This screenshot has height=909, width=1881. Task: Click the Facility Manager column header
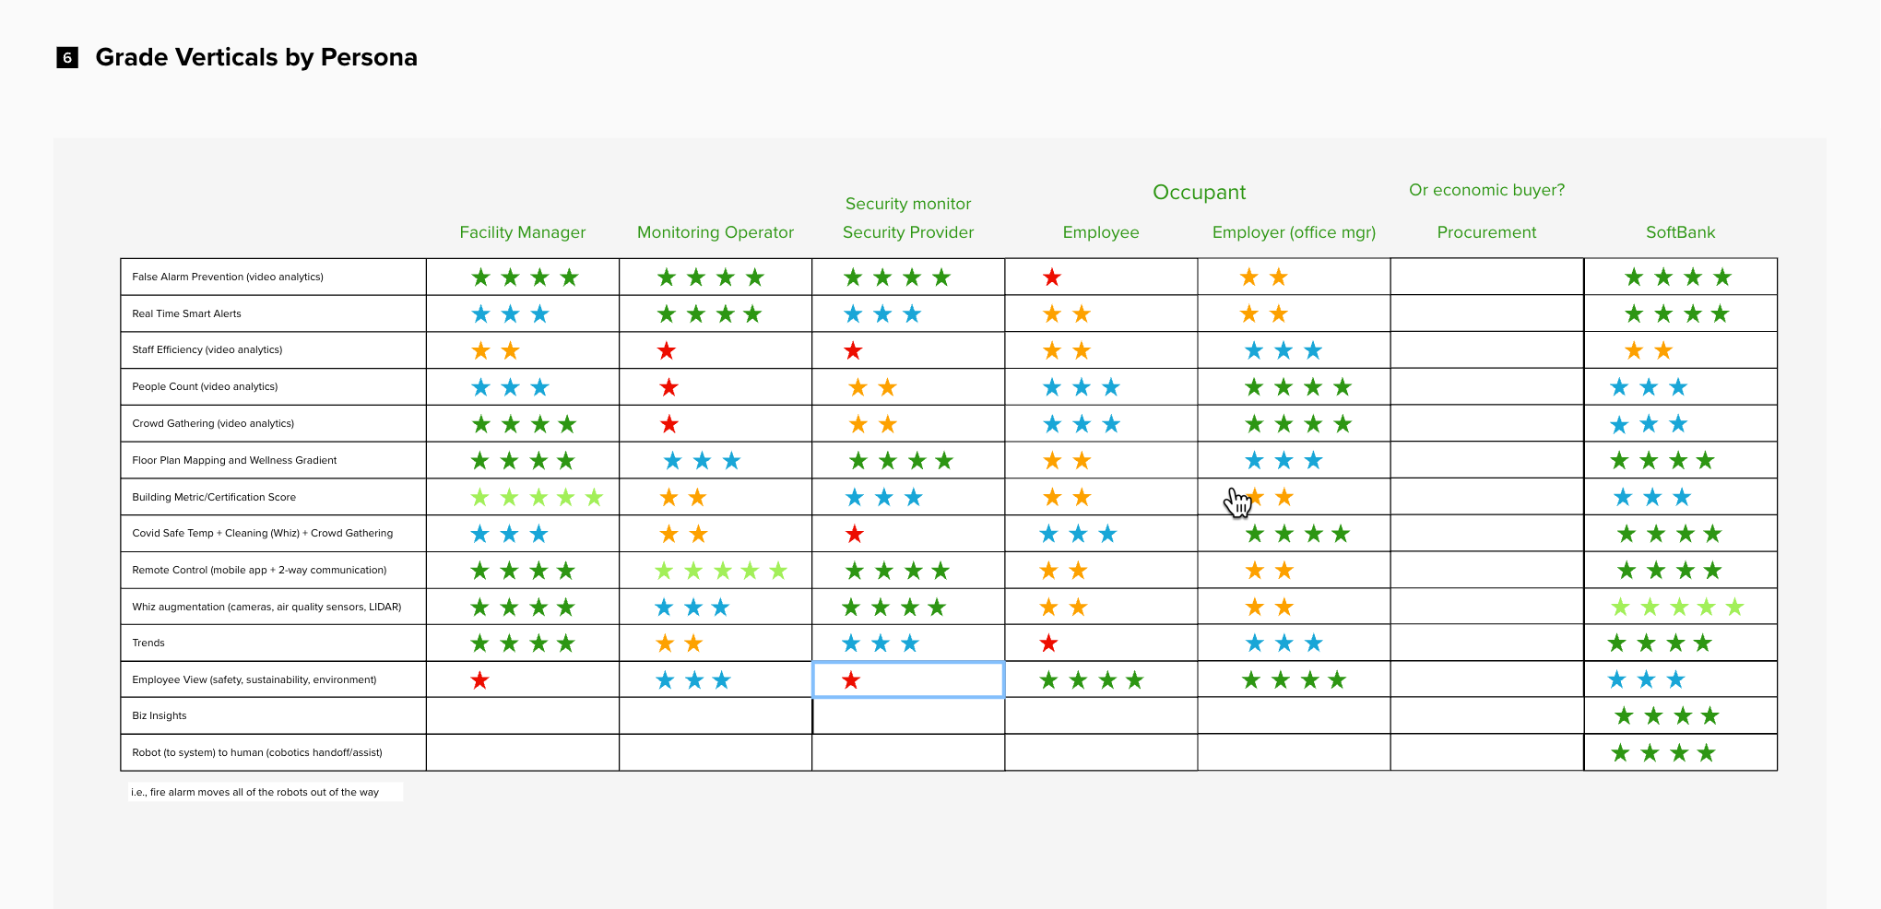522,232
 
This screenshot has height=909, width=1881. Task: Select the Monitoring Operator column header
715,232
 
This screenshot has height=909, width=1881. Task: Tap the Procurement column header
1486,232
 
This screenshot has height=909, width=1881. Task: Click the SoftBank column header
1680,232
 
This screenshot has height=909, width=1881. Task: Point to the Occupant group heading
1199,192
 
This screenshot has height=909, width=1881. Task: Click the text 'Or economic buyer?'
1486,190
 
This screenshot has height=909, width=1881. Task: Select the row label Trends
148,643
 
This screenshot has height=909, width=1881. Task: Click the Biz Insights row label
160,715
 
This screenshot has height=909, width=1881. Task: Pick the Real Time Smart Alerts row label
186,313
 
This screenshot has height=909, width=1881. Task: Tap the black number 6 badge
67,58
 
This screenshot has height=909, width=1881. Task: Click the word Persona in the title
369,57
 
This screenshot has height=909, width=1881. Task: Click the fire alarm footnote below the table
254,792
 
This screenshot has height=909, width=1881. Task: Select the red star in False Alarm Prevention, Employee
1052,277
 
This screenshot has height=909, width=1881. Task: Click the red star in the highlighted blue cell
851,680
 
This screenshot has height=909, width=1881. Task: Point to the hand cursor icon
1236,502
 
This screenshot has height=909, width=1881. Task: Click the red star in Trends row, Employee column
1048,643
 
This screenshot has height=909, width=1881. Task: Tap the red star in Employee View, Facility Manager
479,680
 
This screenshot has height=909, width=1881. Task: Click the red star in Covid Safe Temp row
855,534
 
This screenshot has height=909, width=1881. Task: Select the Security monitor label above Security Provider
907,204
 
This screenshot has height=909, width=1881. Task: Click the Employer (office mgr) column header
1294,232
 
